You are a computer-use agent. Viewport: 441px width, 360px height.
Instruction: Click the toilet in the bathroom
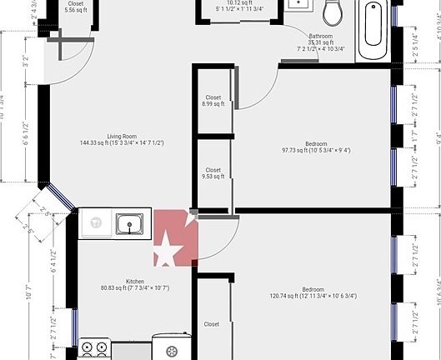click(333, 12)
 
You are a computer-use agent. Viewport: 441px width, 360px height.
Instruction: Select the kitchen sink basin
click(129, 223)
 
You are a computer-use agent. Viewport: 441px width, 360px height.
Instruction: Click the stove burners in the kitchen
click(93, 348)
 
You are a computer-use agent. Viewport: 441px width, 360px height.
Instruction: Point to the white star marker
click(167, 248)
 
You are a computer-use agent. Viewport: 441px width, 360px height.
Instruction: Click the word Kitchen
click(135, 281)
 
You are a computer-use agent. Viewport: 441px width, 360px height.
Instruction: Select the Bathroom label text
click(321, 36)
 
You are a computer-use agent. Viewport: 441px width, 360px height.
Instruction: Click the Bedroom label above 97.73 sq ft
click(315, 142)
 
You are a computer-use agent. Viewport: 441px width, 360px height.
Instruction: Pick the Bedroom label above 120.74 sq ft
click(313, 288)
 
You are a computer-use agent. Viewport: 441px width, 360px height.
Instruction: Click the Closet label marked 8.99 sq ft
click(213, 97)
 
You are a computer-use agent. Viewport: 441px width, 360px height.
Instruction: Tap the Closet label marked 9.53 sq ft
click(213, 170)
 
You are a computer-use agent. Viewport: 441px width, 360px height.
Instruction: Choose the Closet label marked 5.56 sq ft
click(75, 3)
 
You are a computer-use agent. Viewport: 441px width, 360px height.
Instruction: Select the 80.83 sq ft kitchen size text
click(135, 288)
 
